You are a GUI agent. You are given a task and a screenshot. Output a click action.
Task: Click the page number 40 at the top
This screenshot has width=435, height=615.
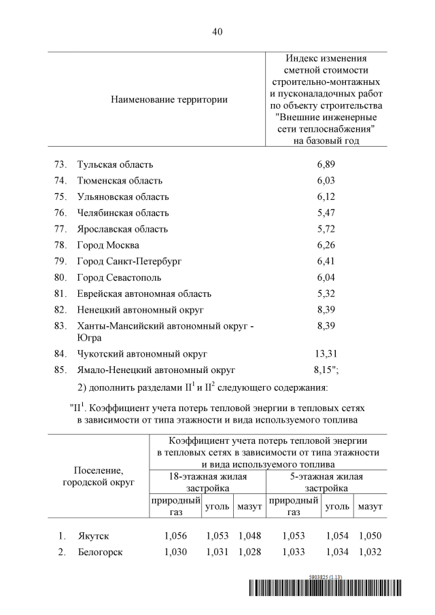pos(217,32)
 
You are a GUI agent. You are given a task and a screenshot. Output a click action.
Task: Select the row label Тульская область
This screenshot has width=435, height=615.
pos(116,164)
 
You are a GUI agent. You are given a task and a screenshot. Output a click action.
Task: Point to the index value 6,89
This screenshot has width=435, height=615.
pos(326,164)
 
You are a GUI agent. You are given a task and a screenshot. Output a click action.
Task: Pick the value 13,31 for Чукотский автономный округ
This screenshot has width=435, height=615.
pos(326,353)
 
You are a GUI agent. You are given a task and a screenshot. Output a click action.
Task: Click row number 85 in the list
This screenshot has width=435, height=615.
pos(60,370)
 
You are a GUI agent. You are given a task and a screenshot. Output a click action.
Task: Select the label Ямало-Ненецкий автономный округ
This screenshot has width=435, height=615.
pos(156,370)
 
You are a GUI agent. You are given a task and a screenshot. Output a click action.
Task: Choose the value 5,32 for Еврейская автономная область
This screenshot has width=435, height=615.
pos(326,294)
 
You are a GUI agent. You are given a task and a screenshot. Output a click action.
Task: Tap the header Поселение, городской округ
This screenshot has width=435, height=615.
pos(99,476)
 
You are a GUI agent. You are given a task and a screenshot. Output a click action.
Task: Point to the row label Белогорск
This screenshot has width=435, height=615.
pos(100,552)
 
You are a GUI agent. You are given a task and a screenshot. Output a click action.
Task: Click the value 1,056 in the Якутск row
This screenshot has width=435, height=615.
pos(175,536)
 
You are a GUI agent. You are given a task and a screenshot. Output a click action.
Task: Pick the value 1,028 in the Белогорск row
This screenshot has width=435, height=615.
pos(250,552)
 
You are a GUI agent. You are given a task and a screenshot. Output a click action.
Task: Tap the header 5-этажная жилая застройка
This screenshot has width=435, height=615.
pos(326,482)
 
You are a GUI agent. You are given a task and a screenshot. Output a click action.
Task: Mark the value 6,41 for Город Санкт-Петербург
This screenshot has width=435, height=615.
pos(326,261)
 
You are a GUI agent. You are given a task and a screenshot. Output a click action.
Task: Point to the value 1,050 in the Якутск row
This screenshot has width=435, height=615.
pos(370,536)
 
